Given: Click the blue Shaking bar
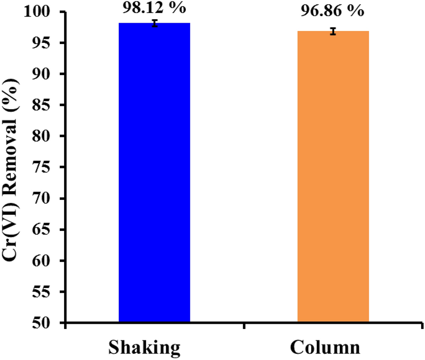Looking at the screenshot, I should pos(154,175).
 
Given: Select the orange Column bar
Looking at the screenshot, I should pos(333,177).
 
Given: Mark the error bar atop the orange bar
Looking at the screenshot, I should pos(333,31).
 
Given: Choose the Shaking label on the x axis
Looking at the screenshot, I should pos(144,347).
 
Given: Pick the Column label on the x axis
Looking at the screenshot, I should pos(326,347).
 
